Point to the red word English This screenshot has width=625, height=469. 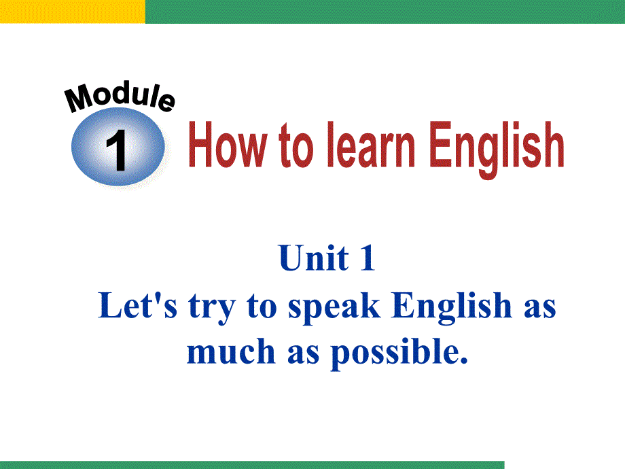[497, 149]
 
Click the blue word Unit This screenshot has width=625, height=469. [314, 258]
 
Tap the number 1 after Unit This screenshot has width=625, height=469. [368, 258]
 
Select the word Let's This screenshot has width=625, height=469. [137, 305]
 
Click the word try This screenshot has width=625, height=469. [212, 308]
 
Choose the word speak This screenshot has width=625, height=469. [334, 308]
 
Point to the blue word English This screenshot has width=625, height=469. [452, 307]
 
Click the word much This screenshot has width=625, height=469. [231, 351]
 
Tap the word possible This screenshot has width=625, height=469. [399, 353]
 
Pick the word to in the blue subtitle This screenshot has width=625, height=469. [262, 307]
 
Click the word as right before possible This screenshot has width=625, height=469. [304, 353]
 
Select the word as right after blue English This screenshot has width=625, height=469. [539, 309]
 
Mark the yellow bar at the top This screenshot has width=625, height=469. [73, 12]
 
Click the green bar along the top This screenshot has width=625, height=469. [385, 12]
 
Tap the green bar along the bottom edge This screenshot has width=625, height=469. [252, 465]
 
